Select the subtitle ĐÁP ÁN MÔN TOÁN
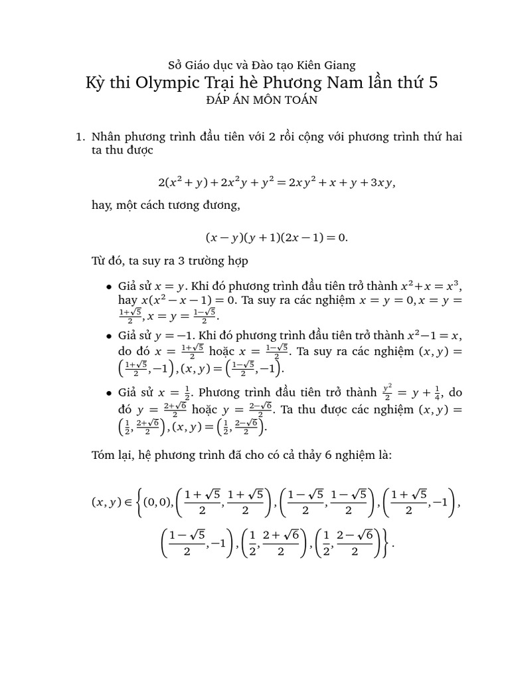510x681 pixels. pyautogui.click(x=254, y=100)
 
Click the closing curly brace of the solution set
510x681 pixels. pyautogui.click(x=388, y=543)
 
